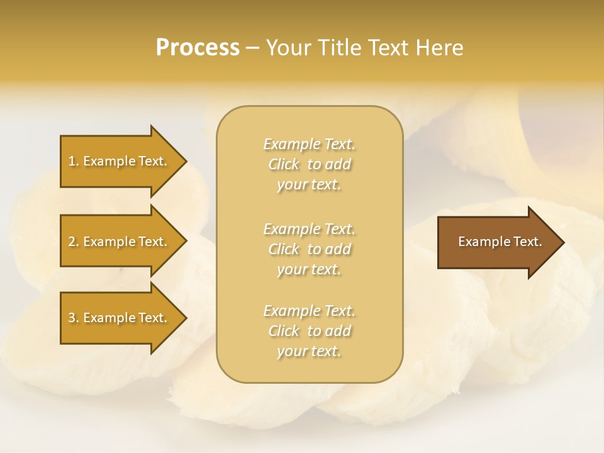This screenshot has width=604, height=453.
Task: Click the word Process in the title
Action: pos(198,48)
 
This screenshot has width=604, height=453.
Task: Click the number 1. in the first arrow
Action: pos(74,161)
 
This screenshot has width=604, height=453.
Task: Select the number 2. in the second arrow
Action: pos(74,242)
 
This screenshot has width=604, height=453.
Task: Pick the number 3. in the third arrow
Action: pos(74,318)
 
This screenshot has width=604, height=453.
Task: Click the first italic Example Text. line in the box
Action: pos(309,144)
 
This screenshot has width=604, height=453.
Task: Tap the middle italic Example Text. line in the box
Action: pos(309,229)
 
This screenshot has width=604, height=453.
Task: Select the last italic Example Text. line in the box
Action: pos(309,311)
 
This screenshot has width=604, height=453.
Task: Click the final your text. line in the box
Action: pos(309,351)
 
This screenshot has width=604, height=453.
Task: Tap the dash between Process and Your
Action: pos(252,48)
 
